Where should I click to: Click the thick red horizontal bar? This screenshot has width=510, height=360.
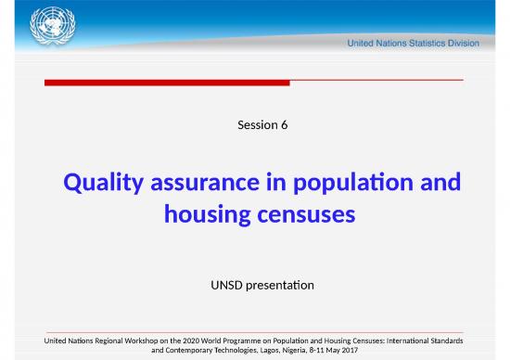tap(168, 83)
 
